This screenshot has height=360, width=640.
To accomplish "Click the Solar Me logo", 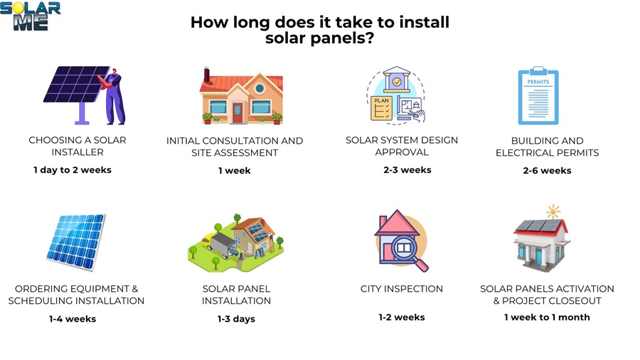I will [30, 16].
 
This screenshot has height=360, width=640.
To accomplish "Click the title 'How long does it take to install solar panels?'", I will [319, 30].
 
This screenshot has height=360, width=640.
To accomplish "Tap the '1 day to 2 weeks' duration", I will [73, 169].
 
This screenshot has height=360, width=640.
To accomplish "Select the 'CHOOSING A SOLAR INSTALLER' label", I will [77, 146].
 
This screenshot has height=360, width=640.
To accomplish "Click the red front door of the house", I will [237, 112].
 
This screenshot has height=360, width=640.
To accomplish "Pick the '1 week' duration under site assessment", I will [235, 171].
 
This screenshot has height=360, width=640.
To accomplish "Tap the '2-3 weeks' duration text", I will [407, 169].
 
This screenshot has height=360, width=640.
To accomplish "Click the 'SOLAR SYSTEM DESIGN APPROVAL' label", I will [402, 146].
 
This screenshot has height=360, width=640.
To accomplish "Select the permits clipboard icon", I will [538, 96].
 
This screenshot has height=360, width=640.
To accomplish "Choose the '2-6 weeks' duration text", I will [547, 170].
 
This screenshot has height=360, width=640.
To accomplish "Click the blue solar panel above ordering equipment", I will [75, 241].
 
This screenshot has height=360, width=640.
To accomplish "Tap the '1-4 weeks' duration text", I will [73, 319].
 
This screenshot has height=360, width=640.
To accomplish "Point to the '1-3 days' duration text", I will [236, 319].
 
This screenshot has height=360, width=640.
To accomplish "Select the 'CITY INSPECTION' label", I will [402, 289].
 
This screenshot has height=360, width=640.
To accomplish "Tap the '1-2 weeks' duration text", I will [402, 317].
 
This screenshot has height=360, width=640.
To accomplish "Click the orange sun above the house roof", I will [553, 212].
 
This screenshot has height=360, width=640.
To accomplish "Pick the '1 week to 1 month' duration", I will [547, 317].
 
